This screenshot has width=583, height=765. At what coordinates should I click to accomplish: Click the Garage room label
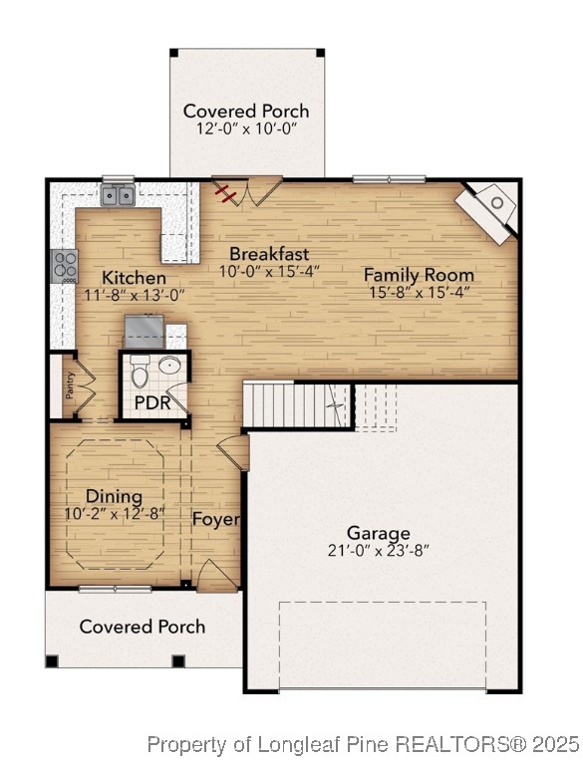[378, 533]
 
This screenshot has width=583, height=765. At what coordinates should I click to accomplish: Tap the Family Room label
[418, 274]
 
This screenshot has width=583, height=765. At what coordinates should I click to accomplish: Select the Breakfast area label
[268, 253]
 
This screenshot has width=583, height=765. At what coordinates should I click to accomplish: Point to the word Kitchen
[134, 277]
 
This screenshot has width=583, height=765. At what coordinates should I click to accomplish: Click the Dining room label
[114, 496]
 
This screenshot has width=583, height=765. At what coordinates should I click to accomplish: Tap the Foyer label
[214, 519]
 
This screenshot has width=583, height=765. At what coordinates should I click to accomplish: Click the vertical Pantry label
[70, 385]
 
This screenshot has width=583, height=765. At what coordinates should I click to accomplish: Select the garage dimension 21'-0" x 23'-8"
[378, 550]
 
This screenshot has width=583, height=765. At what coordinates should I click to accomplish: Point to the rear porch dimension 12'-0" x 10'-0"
[245, 129]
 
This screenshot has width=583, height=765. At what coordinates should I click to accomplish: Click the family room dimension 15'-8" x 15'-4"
[418, 292]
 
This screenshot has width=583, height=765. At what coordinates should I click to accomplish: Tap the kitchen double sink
[119, 195]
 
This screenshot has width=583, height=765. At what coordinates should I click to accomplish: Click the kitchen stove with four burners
[65, 266]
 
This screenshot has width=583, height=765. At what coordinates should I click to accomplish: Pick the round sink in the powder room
[171, 367]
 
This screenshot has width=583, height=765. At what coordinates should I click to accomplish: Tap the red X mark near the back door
[228, 192]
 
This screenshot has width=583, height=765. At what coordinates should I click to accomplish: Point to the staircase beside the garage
[299, 405]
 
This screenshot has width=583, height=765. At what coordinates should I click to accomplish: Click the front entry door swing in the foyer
[216, 575]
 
